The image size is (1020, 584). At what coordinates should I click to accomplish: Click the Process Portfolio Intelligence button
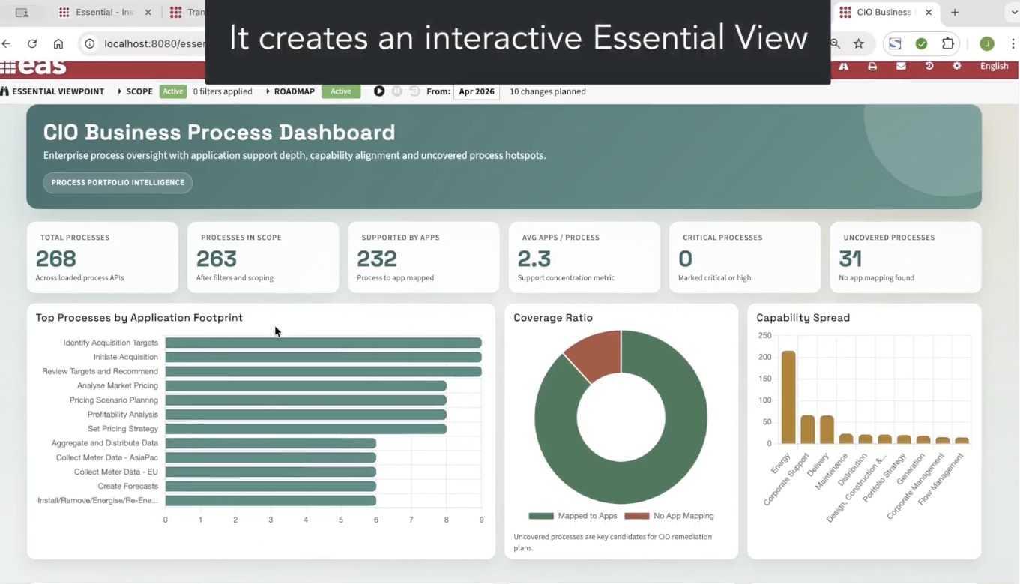tap(118, 183)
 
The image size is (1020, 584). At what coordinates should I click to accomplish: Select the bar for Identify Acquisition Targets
tap(323, 343)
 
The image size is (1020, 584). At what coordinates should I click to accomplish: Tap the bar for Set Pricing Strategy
tap(306, 429)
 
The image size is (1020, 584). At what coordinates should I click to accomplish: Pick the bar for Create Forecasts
tap(271, 486)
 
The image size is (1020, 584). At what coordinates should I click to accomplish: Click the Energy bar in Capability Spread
tap(788, 397)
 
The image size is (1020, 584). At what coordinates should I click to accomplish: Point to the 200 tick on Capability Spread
tap(765, 357)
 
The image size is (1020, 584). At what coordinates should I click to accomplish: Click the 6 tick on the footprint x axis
tap(376, 520)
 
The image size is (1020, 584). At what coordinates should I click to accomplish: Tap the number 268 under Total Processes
tap(56, 259)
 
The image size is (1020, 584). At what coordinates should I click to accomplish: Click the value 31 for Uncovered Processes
tap(850, 259)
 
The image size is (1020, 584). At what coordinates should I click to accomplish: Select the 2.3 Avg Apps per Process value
tap(534, 259)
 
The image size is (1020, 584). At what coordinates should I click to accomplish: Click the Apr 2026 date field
tap(477, 91)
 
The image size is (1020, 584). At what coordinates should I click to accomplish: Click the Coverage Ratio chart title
tap(553, 318)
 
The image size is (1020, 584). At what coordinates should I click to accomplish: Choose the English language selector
tap(994, 67)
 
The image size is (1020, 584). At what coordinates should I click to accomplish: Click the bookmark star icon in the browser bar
tap(859, 43)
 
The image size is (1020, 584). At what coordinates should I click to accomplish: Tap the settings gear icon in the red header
tap(957, 66)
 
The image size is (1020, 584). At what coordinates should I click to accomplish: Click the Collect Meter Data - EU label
tap(115, 472)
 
